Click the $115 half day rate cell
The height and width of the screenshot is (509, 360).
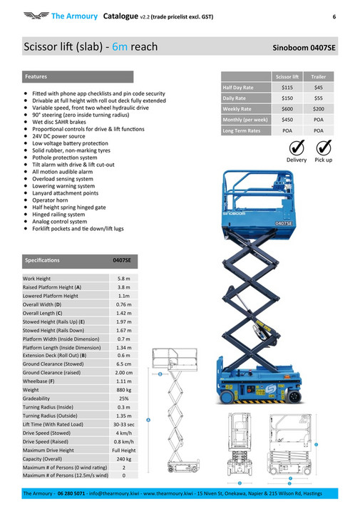(x=288, y=87)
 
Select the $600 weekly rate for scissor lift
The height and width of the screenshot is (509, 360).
(x=288, y=109)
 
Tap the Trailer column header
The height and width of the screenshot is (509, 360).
(x=319, y=76)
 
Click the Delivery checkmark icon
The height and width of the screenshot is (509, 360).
(x=297, y=147)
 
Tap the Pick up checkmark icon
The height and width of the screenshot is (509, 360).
(x=324, y=147)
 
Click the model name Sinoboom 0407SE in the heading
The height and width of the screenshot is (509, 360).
(x=304, y=48)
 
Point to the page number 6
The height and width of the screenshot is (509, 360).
(x=334, y=15)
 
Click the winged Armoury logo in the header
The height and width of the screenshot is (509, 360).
(x=35, y=15)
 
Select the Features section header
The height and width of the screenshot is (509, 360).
(x=36, y=76)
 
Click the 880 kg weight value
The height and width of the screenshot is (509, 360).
(x=123, y=390)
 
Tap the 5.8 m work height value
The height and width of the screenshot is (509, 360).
(x=123, y=278)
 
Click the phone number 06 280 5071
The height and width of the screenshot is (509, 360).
(x=71, y=493)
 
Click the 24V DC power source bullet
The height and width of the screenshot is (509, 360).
(x=58, y=136)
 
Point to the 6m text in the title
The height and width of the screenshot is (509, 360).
(x=120, y=47)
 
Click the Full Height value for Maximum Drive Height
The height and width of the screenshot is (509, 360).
(x=123, y=451)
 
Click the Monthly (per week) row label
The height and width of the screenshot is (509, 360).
(x=245, y=120)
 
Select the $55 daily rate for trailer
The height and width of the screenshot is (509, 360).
(x=319, y=98)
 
